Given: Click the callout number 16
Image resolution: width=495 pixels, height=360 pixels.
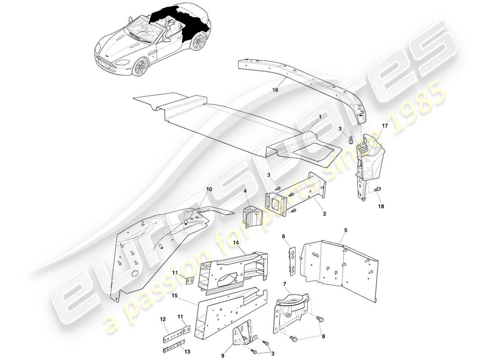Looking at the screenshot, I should tap(275, 90).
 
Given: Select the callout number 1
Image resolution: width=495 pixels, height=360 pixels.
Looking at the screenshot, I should tap(320, 116).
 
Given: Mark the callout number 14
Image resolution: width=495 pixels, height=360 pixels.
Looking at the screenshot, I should tap(235, 243).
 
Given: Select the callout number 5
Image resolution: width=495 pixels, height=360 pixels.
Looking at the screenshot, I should tap(346, 231).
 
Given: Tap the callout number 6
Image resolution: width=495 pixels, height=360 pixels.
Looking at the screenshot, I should tap(283, 236).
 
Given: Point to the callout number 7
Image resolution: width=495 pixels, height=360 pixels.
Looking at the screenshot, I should tap(284, 284).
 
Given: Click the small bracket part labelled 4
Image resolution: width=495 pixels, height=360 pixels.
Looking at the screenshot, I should tap(253, 217).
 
